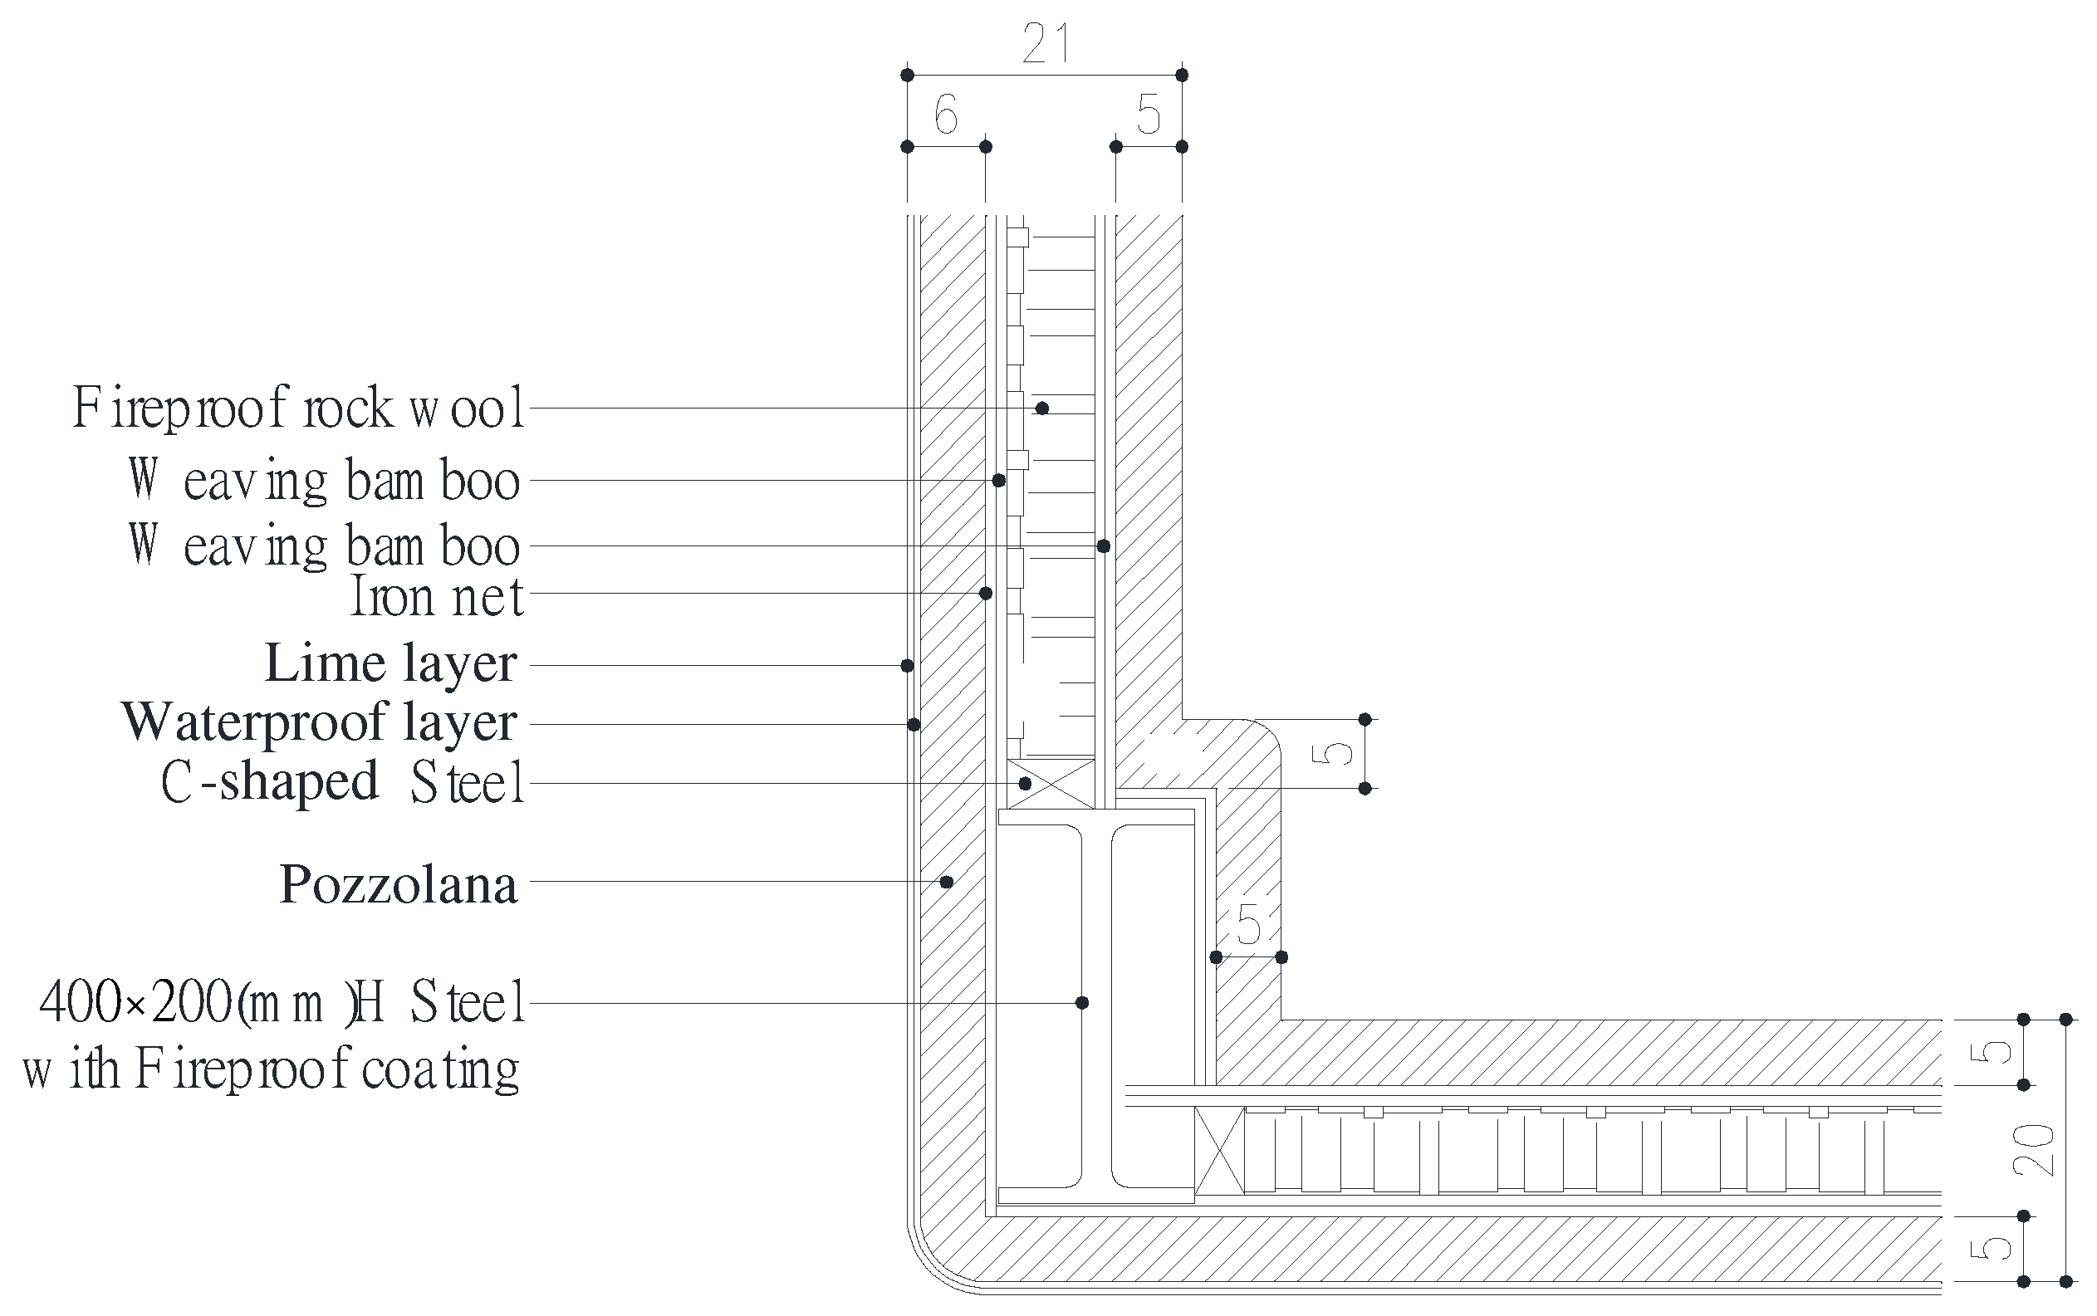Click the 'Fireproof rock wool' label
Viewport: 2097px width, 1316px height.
point(299,408)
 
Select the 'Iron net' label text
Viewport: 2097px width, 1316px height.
point(437,597)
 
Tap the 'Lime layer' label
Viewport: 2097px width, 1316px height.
point(391,664)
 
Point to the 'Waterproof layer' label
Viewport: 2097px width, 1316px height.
point(321,722)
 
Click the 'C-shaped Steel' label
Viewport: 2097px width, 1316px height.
point(343,781)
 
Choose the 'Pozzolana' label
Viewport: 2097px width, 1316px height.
point(399,885)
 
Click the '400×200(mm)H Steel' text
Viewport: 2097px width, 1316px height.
point(282,1002)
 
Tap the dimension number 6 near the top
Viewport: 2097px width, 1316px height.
point(945,115)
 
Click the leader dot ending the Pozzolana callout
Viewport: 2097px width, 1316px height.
point(947,882)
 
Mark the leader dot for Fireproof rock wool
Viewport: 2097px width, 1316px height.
point(1042,408)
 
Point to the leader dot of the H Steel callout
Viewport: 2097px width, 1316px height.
point(1082,1003)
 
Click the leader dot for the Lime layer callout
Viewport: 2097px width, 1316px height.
point(907,666)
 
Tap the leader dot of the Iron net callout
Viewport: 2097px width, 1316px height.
point(986,594)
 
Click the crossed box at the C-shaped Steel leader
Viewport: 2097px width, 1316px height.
point(1051,783)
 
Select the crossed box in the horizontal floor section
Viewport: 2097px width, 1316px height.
point(1219,1150)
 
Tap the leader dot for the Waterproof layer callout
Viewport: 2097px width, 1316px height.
point(914,724)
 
